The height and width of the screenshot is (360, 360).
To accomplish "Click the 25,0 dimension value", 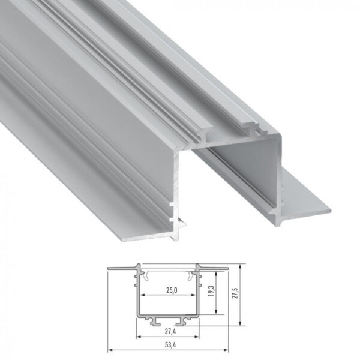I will tap(170, 290).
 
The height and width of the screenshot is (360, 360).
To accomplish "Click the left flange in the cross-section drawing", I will tap(122, 267).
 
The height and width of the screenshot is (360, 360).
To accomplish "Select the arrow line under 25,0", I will tap(170, 296).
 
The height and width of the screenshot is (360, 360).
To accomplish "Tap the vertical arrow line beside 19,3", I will tap(215, 292).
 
